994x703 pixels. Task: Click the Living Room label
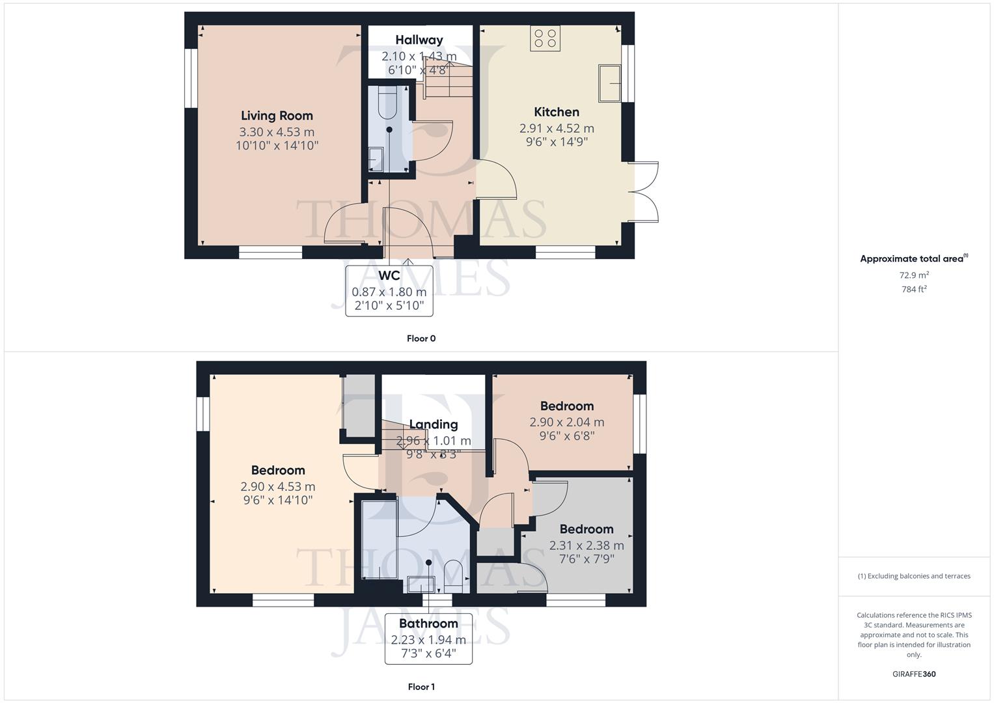tap(277, 116)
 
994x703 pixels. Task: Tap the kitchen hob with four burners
tap(545, 38)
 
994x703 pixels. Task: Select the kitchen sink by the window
tap(610, 83)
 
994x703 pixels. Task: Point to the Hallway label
tap(419, 40)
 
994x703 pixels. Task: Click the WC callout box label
tap(389, 275)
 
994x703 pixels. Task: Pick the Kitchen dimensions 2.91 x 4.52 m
tap(557, 128)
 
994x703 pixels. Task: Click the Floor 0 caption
tap(421, 338)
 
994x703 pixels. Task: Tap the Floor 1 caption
tap(421, 687)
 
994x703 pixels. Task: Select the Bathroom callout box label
tap(428, 624)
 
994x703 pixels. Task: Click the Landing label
tap(433, 424)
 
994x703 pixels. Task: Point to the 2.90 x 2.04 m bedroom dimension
tap(566, 422)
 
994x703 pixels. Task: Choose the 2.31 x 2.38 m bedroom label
tap(586, 529)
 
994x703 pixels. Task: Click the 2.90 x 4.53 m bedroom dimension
tap(278, 486)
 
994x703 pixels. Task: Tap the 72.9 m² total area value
tap(914, 275)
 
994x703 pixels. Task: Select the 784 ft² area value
tap(914, 290)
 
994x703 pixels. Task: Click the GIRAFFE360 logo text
tap(914, 674)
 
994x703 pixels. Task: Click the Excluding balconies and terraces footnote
tap(914, 576)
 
